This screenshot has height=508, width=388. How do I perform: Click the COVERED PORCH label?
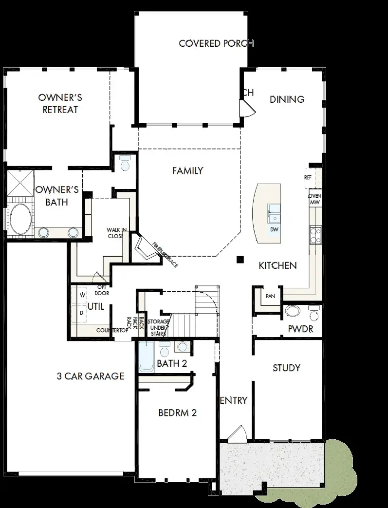216,43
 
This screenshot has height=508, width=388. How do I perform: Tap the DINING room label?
287,99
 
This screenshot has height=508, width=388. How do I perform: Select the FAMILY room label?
187,171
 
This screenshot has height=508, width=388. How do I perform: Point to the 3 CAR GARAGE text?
90,376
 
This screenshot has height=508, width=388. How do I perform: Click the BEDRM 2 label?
177,413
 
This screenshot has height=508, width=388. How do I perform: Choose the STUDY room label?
286,368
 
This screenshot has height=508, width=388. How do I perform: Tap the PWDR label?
300,329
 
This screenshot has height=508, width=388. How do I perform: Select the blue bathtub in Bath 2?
146,358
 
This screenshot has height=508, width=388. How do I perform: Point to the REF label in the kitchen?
308,178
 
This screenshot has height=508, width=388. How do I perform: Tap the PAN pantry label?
270,296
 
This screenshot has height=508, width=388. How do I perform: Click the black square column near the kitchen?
240,260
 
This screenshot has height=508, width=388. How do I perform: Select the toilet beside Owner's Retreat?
125,165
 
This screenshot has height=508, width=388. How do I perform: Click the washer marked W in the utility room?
82,295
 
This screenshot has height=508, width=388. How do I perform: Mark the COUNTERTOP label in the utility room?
111,330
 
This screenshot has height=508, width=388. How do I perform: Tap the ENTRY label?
234,400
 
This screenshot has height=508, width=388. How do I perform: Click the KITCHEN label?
277,265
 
